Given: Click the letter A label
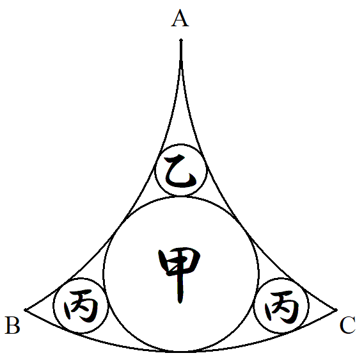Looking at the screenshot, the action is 180,19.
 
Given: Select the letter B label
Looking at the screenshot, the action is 13,325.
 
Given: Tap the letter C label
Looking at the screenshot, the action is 347,325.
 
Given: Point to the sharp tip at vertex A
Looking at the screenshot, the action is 181,40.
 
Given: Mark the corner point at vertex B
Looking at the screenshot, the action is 25,310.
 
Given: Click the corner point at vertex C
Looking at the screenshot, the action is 336,310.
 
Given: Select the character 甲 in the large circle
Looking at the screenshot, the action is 179,275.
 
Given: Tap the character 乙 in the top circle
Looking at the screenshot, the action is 180,171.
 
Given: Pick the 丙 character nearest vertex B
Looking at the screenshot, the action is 81,306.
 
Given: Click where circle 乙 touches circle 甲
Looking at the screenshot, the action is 181,197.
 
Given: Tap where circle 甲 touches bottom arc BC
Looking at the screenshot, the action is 181,352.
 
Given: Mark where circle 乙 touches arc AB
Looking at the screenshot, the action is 157,160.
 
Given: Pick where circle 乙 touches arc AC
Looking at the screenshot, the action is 204,160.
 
